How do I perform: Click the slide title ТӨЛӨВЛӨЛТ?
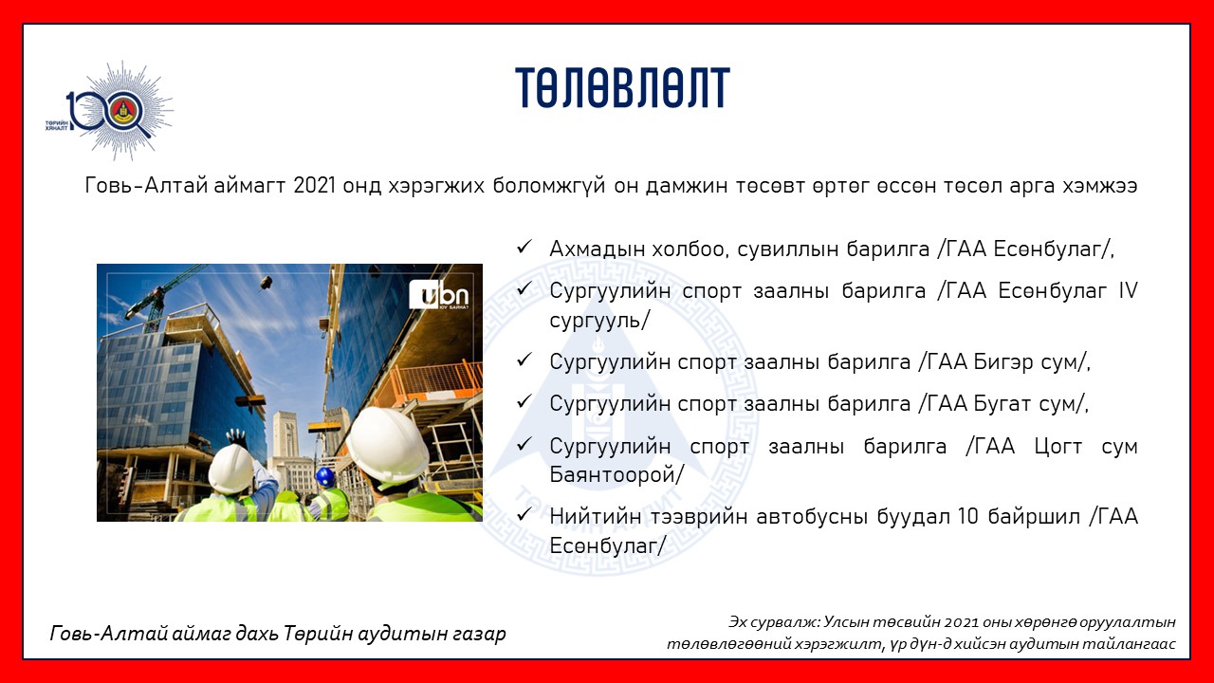coord(622,88)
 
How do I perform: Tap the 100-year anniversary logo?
coord(111,111)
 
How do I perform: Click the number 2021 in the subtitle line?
coord(314,185)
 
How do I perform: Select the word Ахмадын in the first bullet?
coord(597,249)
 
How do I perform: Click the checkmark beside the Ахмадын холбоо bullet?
coord(524,248)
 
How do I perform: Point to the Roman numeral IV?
coord(1128,290)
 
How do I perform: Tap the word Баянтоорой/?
coord(616,475)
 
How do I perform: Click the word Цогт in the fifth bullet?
coord(1058,447)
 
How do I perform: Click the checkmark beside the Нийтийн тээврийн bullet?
coord(524,514)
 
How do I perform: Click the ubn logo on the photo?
coord(439,295)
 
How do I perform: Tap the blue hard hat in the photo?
coord(324,477)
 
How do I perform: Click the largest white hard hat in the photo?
coord(387,444)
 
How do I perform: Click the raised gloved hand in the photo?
coord(236,437)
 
